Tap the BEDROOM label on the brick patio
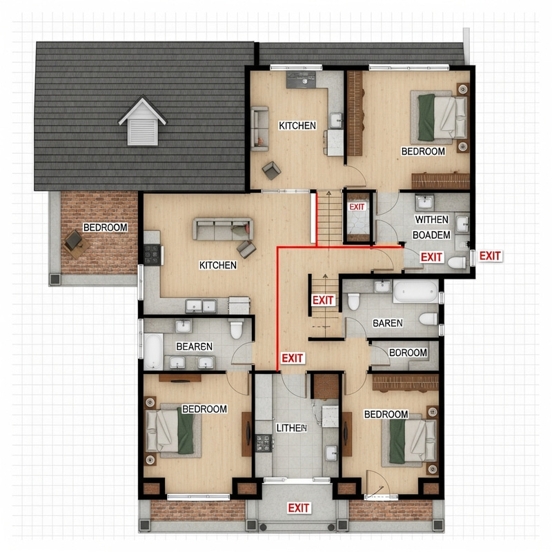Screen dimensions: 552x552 pos(105,227)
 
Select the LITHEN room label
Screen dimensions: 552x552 pos(290,428)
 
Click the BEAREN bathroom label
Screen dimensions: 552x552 pos(195,346)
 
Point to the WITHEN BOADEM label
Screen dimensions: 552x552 pos(431,227)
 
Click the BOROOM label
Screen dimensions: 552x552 pos(408,353)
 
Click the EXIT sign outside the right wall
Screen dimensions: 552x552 pos(490,256)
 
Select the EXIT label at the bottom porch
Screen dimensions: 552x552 pos(299,508)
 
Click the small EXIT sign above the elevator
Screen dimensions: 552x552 pos(357,207)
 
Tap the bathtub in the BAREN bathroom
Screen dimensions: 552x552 pos(415,291)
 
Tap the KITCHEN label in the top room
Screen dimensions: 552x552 pos(297,126)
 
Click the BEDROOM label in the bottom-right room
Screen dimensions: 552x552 pos(386,414)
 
